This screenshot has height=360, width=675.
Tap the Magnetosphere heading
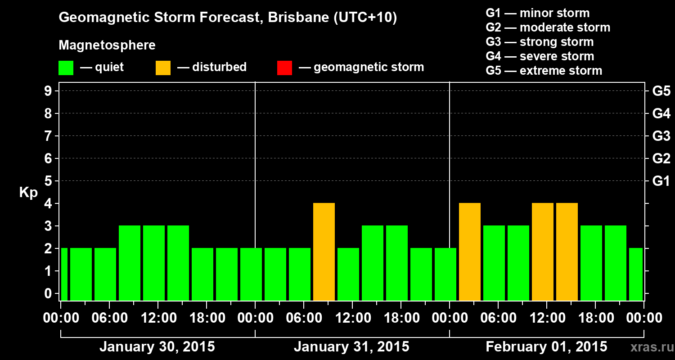pos(107,45)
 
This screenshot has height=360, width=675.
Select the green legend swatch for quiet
pos(66,68)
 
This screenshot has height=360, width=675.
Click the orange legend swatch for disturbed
pos(163,68)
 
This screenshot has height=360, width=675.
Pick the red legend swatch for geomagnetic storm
pos(284,68)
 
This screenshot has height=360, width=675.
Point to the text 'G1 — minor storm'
pos(537,13)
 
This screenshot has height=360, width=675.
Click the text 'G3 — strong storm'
pos(540,42)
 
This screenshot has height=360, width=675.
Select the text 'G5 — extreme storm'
pos(544,71)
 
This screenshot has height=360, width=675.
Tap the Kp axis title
pos(28,193)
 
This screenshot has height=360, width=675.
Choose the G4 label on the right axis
pos(661,113)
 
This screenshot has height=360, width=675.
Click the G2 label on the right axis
pos(661,158)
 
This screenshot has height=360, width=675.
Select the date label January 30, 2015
pos(157,347)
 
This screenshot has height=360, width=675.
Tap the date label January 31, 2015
pos(351,347)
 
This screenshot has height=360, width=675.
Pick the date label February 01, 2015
pos(546,347)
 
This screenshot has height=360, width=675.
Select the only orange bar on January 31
pos(324,252)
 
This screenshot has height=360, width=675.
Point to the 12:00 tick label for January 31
pos(352,318)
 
